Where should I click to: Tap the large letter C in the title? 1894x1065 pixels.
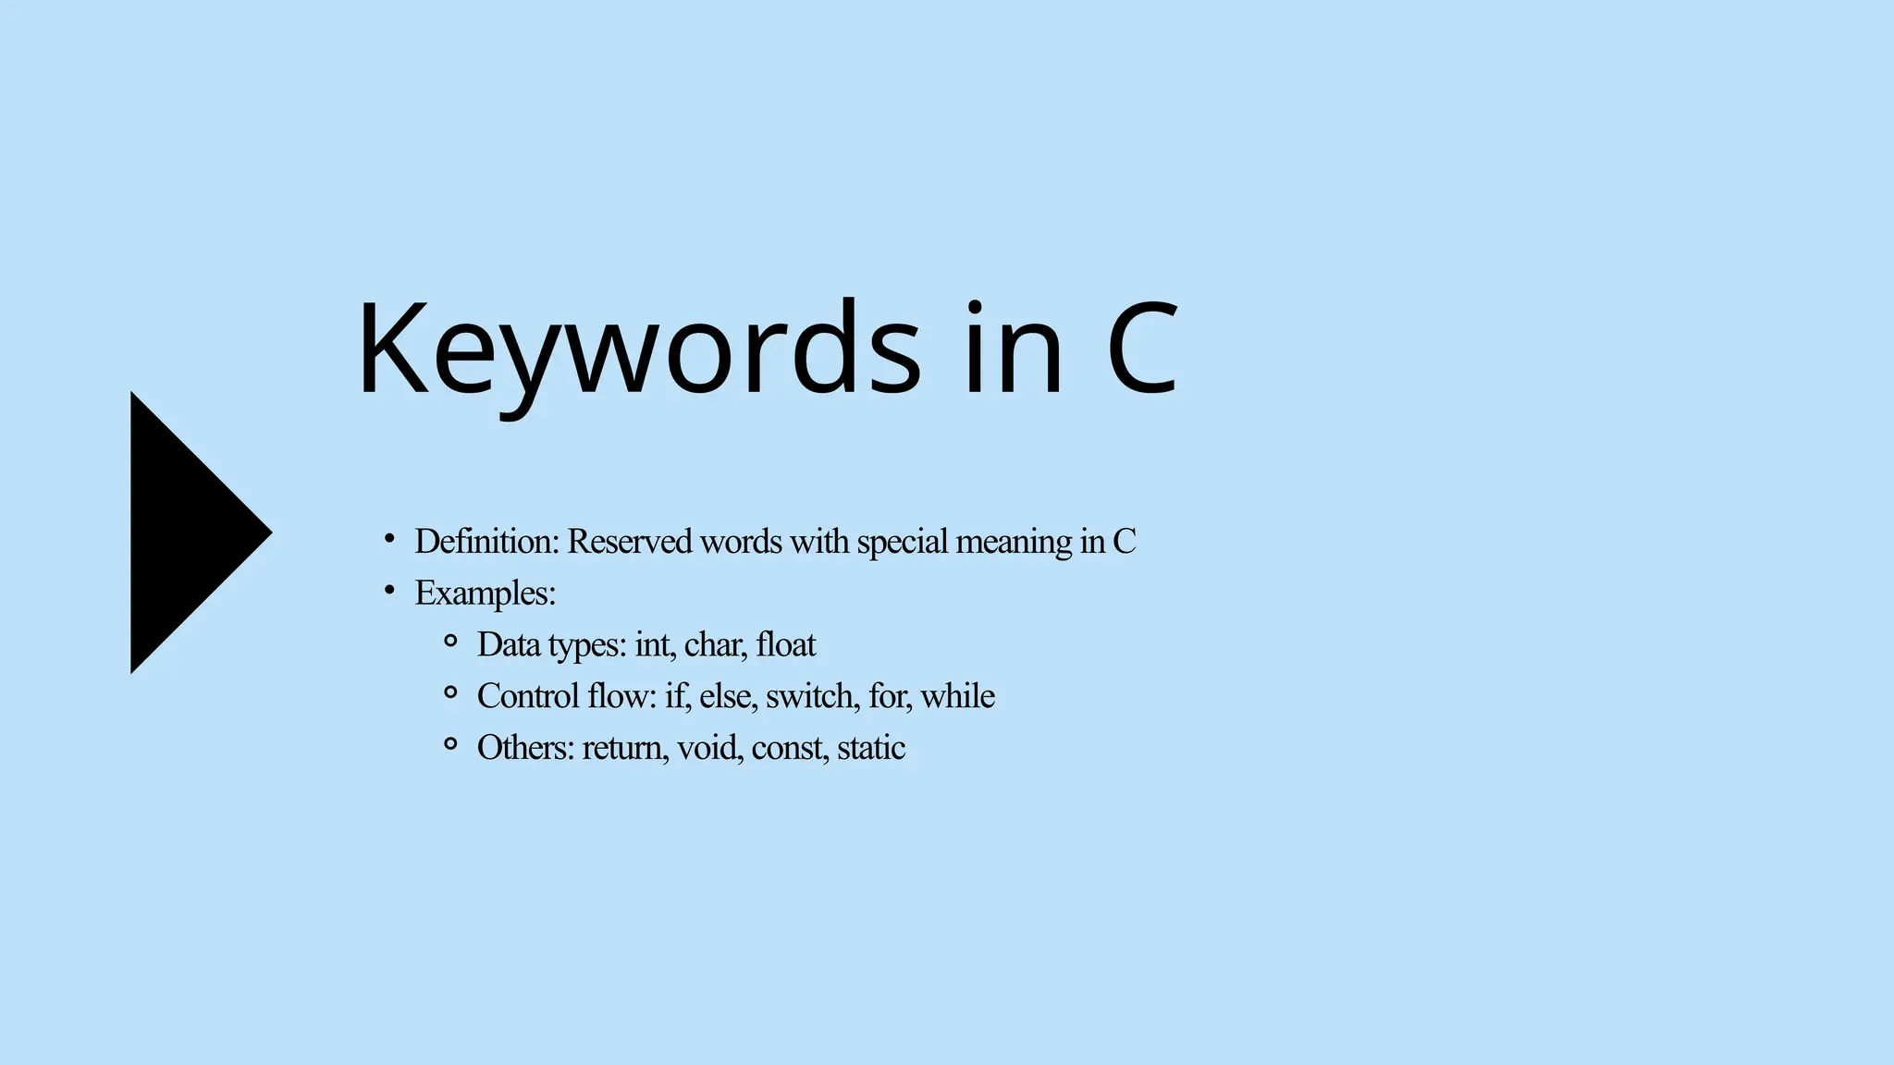click(x=1142, y=349)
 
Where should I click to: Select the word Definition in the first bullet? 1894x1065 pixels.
click(x=486, y=542)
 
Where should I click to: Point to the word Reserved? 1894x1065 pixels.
click(x=629, y=542)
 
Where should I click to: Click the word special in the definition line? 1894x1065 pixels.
click(x=902, y=542)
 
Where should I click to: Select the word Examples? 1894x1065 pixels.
click(x=485, y=594)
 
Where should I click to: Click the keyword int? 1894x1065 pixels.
click(x=655, y=645)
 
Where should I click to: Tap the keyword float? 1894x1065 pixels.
click(x=785, y=645)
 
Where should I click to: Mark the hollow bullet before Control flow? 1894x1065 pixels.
click(x=450, y=692)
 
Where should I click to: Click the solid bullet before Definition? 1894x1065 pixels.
click(x=389, y=537)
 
